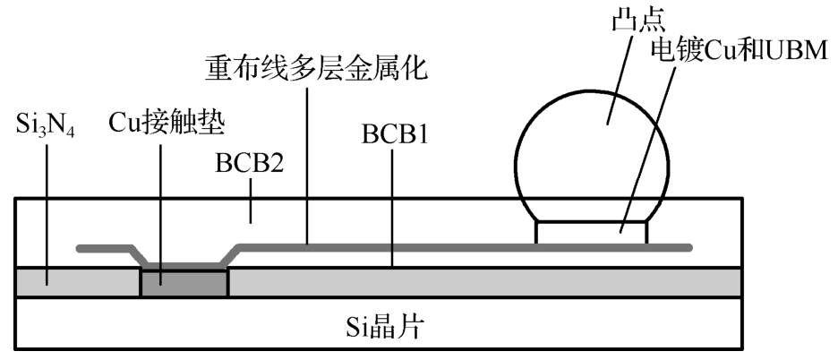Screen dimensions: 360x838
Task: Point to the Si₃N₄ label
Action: [46, 126]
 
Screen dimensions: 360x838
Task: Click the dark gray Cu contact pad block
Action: [184, 282]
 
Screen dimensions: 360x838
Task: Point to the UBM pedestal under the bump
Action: [590, 231]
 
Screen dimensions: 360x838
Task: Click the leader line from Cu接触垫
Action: [161, 206]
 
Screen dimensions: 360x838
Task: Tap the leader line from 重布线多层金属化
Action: [306, 161]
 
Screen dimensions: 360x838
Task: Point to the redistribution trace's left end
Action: [81, 247]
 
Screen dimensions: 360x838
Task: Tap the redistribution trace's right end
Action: [688, 247]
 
